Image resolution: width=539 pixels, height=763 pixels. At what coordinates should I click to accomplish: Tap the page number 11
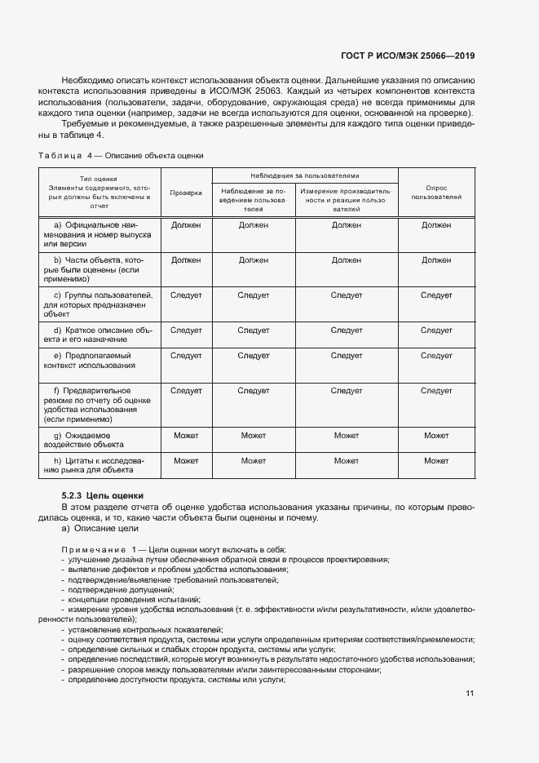[470, 694]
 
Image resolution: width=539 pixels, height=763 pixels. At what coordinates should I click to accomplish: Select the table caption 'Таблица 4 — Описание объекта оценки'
[121, 155]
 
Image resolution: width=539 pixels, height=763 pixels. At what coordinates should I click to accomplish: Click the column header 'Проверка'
[186, 193]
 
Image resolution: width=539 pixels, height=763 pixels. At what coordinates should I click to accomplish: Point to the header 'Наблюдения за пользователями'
[305, 175]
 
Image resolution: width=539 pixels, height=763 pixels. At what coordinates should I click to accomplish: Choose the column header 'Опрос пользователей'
[436, 193]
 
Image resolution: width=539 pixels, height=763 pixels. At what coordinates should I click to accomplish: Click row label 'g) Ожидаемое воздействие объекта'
[94, 440]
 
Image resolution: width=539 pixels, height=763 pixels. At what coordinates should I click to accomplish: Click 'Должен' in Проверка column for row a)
[186, 224]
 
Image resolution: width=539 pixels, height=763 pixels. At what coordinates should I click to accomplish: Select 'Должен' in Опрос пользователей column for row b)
[436, 260]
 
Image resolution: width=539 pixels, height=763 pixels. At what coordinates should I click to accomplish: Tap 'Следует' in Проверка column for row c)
[186, 295]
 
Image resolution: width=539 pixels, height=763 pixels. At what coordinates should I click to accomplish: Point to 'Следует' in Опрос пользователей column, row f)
[436, 391]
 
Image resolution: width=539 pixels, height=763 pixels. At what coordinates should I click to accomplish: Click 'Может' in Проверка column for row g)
[186, 436]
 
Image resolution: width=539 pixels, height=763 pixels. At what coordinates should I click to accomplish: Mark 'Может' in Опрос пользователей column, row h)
[436, 461]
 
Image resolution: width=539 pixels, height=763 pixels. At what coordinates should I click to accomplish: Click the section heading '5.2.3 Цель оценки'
[103, 495]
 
